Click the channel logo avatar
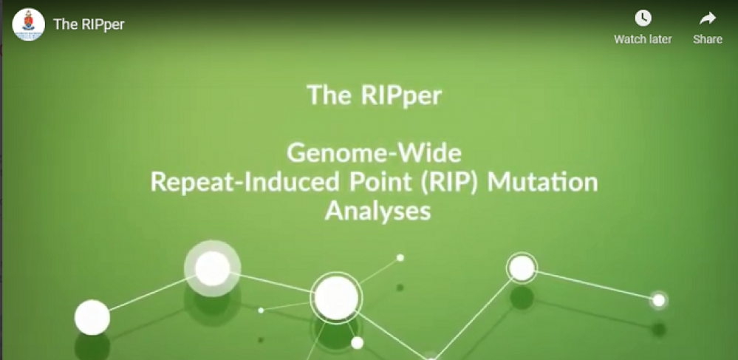tap(28, 24)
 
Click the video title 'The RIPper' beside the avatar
tap(89, 24)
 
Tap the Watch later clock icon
tap(643, 18)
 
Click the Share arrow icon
tap(708, 18)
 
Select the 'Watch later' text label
tap(643, 39)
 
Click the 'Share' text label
tap(708, 39)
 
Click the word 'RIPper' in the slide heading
tap(401, 96)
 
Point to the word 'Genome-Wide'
tap(375, 153)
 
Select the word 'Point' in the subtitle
tap(372, 183)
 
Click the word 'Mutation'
tap(542, 183)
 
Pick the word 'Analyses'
tap(378, 211)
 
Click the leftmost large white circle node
tap(92, 318)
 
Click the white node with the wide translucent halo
tap(212, 268)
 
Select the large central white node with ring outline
tap(336, 298)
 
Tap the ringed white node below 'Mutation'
tap(522, 268)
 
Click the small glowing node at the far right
tap(659, 300)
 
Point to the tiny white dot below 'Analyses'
tap(400, 258)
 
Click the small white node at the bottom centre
tap(358, 343)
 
